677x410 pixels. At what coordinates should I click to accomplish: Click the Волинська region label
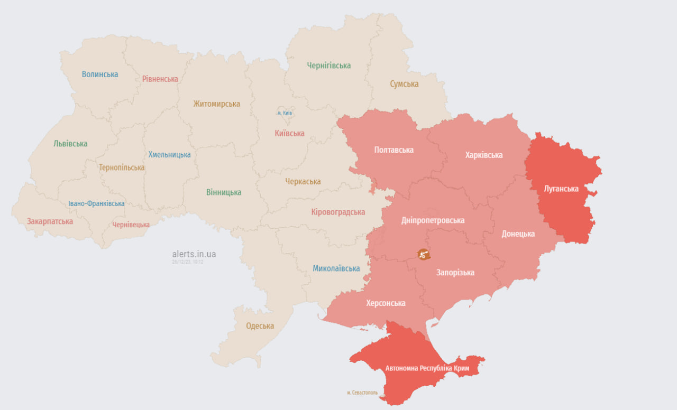tap(100, 74)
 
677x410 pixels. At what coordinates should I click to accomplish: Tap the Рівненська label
tap(160, 79)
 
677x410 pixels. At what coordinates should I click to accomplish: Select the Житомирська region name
tap(216, 104)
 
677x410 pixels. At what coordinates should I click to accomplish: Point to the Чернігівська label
tap(328, 66)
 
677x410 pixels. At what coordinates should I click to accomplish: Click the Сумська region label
tap(404, 84)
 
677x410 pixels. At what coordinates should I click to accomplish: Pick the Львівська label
tap(70, 144)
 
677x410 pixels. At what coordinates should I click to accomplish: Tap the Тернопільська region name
tap(121, 167)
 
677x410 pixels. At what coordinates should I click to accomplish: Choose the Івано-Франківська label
tap(96, 203)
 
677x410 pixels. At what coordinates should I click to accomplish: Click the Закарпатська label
tap(50, 221)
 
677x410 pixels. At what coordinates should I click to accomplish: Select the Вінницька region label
tap(224, 192)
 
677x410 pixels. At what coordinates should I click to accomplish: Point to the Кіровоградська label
tap(338, 212)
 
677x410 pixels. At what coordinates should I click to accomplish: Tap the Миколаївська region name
tap(336, 268)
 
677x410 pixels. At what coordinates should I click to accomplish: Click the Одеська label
tap(260, 326)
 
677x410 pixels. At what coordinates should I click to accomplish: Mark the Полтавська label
tap(394, 150)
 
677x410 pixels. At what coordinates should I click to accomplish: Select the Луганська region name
tap(561, 189)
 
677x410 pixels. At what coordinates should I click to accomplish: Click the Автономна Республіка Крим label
tap(427, 368)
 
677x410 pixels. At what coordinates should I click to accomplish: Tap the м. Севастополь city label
tap(362, 393)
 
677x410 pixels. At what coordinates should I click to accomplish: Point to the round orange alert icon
tap(423, 254)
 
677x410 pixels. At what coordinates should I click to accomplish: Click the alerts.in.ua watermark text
tap(194, 254)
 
